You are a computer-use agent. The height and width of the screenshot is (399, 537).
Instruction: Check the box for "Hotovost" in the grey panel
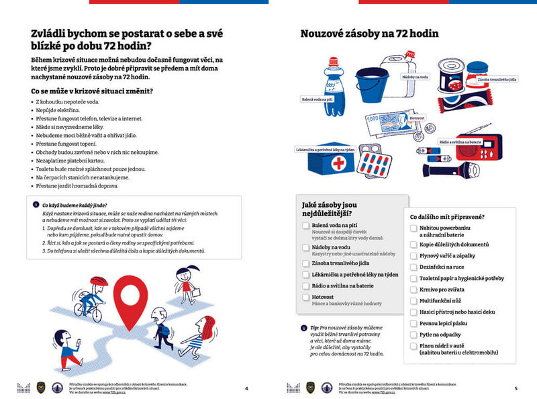[x=305, y=296]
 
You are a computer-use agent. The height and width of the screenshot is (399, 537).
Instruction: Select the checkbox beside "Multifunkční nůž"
[x=413, y=301]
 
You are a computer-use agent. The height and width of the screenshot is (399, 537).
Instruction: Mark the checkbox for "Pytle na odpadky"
[x=413, y=334]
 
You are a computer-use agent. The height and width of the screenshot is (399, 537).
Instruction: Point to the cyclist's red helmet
[x=98, y=281]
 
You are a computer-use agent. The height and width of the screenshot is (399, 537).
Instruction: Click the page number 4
[x=246, y=388]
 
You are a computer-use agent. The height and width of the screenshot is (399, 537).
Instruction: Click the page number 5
[x=516, y=388]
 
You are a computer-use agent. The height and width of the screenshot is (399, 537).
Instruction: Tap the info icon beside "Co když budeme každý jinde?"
[x=36, y=204]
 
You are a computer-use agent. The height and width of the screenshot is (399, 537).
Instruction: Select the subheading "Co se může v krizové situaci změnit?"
[x=93, y=91]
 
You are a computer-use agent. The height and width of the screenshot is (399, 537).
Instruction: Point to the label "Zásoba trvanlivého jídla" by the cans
[x=497, y=80]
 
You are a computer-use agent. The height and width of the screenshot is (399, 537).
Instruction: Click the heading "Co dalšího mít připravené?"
[x=448, y=216]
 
